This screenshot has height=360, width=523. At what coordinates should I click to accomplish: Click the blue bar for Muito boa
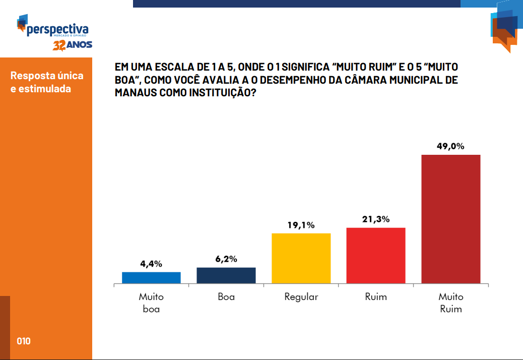(x=151, y=277)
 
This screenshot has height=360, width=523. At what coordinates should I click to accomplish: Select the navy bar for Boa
(x=226, y=275)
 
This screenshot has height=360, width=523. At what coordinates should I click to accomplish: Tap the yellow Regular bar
(x=301, y=258)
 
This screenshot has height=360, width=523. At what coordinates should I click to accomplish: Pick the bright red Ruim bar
(x=376, y=255)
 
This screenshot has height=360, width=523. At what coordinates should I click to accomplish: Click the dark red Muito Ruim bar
(x=450, y=219)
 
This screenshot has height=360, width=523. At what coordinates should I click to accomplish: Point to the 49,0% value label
(x=450, y=147)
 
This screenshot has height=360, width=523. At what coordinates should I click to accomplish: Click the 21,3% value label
(x=376, y=219)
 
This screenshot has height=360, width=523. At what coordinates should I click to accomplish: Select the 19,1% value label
(x=301, y=225)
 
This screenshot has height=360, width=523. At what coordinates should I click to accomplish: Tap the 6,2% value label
(x=226, y=259)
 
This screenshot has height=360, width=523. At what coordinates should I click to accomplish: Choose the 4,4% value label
(x=151, y=264)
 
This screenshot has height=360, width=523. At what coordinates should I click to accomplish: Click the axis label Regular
(x=301, y=297)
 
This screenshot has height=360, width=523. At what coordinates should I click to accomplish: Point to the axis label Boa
(x=226, y=297)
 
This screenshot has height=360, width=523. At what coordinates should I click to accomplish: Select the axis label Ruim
(x=376, y=297)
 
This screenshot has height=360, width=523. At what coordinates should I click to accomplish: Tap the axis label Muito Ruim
(x=450, y=303)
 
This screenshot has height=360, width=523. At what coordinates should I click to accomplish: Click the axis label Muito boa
(x=151, y=303)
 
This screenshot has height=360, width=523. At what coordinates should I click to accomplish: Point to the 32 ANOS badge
(x=73, y=45)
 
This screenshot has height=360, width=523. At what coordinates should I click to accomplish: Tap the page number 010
(x=24, y=341)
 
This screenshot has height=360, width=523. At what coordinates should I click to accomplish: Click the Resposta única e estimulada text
(x=47, y=82)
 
